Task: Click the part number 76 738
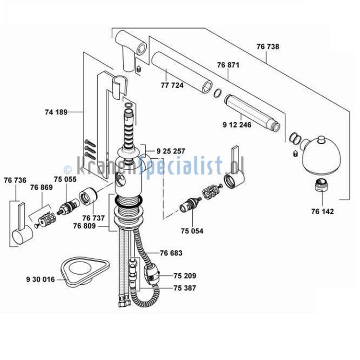[267, 46]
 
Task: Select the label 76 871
[228, 65]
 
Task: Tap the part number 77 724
[172, 85]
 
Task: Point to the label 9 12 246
[237, 125]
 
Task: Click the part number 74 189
[56, 112]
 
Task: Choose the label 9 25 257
[171, 151]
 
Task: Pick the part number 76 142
[322, 211]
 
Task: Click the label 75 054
[192, 231]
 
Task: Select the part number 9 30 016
[41, 279]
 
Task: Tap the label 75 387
[185, 288]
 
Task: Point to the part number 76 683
[171, 253]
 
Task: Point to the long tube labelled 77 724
[181, 72]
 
